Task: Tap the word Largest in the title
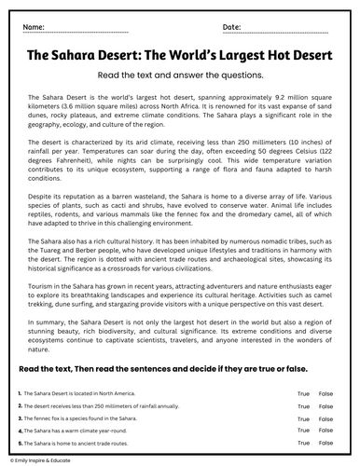coord(216,55)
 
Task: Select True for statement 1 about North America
coord(303,395)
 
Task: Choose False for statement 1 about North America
coord(325,395)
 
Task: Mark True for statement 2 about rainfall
coord(303,407)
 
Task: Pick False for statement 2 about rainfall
coord(325,407)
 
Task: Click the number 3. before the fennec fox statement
coord(19,419)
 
